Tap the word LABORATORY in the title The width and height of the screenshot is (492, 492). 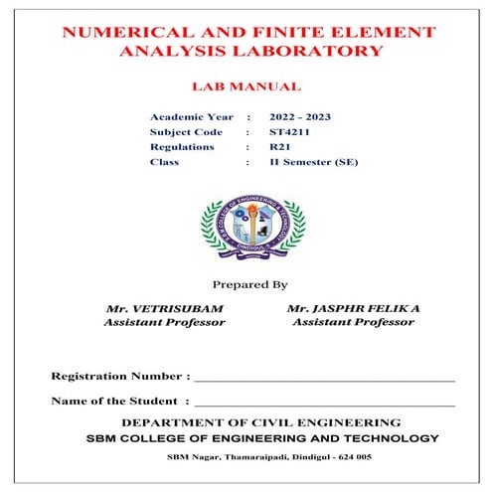[316, 52]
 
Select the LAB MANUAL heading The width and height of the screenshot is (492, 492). [246, 87]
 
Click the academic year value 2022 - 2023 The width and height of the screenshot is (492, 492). [300, 117]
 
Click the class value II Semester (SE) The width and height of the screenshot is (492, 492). [313, 161]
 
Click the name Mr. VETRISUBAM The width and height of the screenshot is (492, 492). [165, 309]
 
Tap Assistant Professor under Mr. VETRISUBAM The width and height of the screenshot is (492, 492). [165, 323]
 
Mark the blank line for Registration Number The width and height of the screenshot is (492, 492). [324, 380]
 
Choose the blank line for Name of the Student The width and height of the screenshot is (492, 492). [324, 404]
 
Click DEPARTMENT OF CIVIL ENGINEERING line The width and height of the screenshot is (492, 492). [246, 422]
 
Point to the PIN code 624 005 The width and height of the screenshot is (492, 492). [353, 457]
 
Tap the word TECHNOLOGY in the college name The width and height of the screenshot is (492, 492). [389, 438]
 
